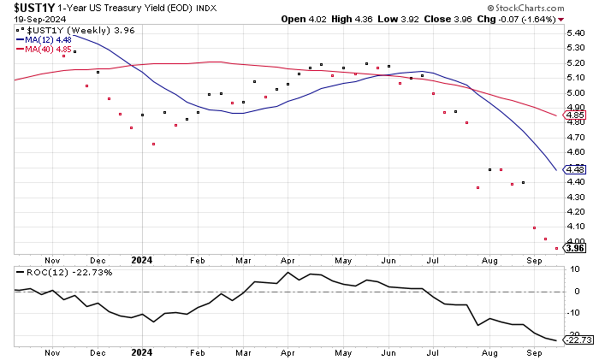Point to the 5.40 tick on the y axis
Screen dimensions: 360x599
(574, 33)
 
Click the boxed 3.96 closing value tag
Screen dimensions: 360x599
(575, 248)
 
